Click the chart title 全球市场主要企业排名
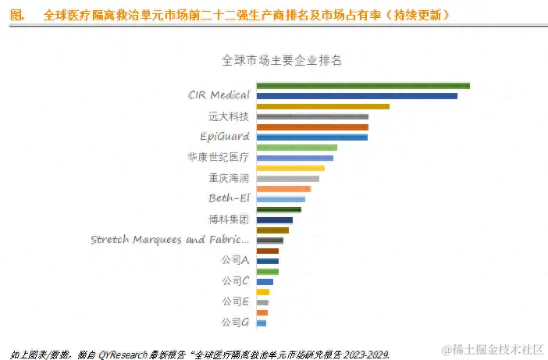pos(283,60)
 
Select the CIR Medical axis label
pos(219,95)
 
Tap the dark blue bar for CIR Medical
pos(357,96)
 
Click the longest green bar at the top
pos(363,85)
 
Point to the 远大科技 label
pos(229,116)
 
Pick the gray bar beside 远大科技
pos(312,116)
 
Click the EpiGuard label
pos(225,137)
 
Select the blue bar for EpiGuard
pos(312,137)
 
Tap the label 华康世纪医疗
pos(219,157)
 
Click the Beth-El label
pos(229,198)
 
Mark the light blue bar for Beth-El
pos(280,199)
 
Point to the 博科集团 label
pos(229,219)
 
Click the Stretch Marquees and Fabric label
pos(170,240)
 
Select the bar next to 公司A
pos(267,261)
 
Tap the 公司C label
pos(235,280)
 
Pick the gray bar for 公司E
pos(262,302)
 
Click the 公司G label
pos(235,322)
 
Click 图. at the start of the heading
pos(16,15)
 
